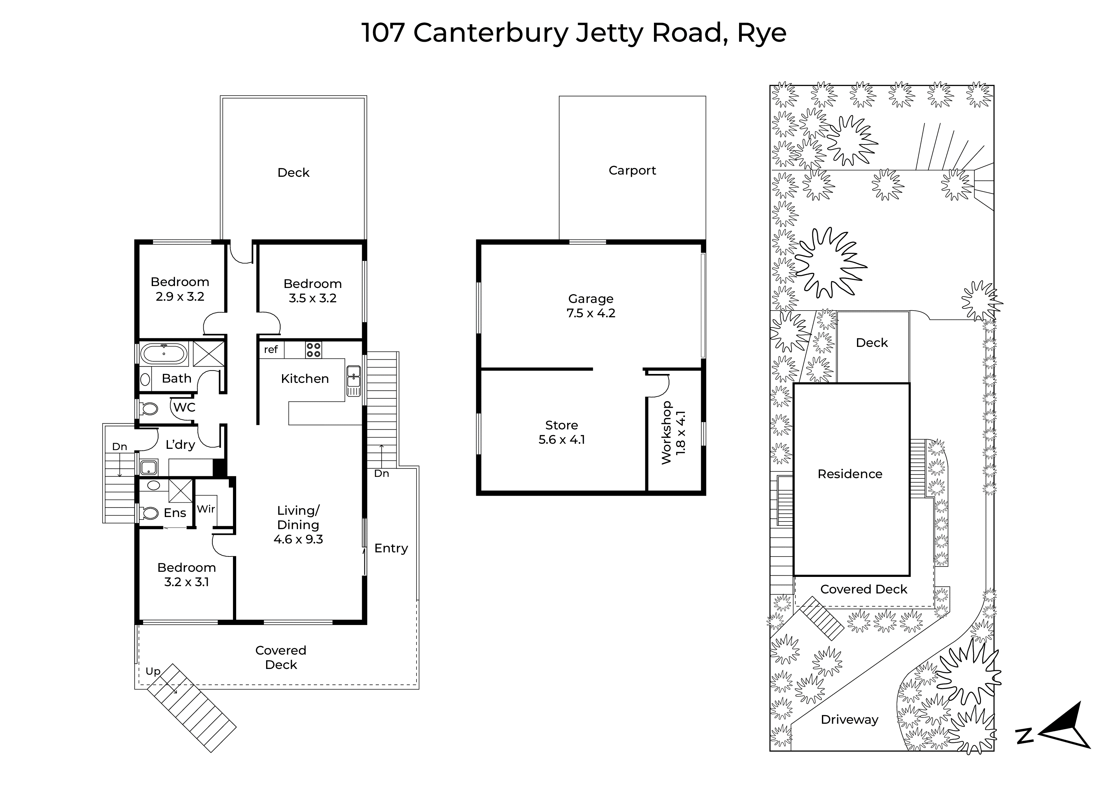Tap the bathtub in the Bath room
163,354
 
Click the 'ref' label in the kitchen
271,349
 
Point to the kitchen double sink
353,381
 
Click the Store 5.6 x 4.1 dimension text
562,440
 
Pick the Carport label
632,171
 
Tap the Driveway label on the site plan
850,719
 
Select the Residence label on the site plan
850,474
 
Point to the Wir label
206,509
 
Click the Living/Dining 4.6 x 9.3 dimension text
298,539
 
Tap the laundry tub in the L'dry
149,468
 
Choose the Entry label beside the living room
391,549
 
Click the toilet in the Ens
149,513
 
